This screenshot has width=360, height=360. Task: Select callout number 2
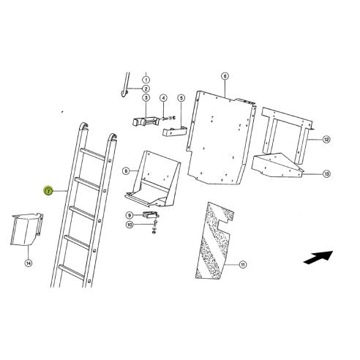click(146, 89)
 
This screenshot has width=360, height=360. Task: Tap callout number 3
click(146, 98)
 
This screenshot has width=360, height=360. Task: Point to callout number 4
click(163, 98)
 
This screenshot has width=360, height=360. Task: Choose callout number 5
click(181, 98)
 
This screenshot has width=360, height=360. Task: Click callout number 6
click(225, 76)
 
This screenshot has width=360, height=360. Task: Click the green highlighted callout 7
click(48, 191)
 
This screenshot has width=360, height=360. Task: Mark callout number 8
click(126, 171)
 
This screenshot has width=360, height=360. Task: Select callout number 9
click(130, 214)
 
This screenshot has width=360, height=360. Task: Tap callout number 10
click(130, 225)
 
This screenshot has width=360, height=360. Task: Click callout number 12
click(327, 139)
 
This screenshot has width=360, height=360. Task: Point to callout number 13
click(327, 173)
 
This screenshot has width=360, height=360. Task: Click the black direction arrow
click(317, 257)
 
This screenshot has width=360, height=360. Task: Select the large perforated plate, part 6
click(223, 139)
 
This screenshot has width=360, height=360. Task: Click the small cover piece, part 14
click(26, 230)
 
